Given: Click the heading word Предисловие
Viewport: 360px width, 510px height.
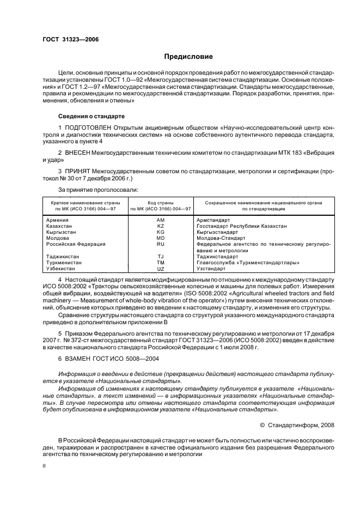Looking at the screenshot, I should [189, 56].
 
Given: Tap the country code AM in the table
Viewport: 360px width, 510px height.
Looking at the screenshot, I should [160, 220].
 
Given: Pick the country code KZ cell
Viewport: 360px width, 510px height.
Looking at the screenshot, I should [160, 226].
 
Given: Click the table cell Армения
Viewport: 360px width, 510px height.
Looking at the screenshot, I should [57, 220].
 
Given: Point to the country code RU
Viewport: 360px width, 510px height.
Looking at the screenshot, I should [160, 244].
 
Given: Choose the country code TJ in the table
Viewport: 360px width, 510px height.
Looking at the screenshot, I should [160, 257].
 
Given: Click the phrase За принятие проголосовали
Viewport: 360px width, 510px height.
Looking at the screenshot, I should [90, 190].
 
